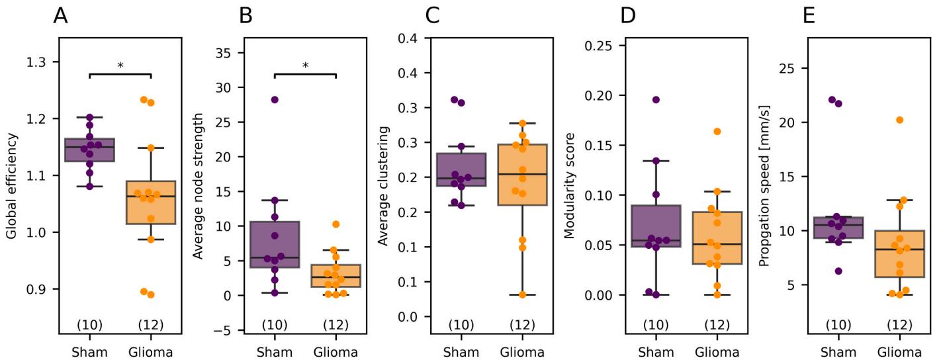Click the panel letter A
tap(61, 15)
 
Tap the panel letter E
tap(809, 15)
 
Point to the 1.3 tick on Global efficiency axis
tap(39, 62)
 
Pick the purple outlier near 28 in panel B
tap(275, 99)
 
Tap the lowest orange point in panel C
tap(523, 294)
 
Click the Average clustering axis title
tap(383, 187)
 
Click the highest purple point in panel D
tap(656, 99)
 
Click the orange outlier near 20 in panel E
tap(899, 120)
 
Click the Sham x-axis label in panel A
tap(89, 352)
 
